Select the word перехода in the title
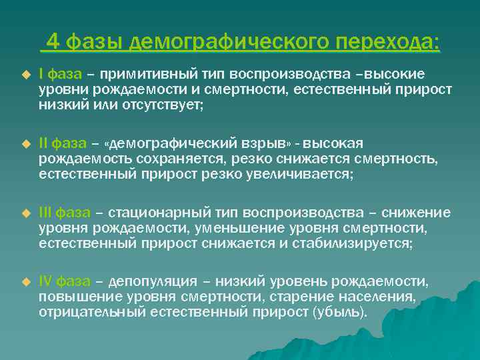pyautogui.click(x=387, y=43)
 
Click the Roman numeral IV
pyautogui.click(x=45, y=282)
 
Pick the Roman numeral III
pyautogui.click(x=45, y=213)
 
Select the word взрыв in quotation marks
pyautogui.click(x=263, y=143)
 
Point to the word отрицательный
pyautogui.click(x=83, y=313)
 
